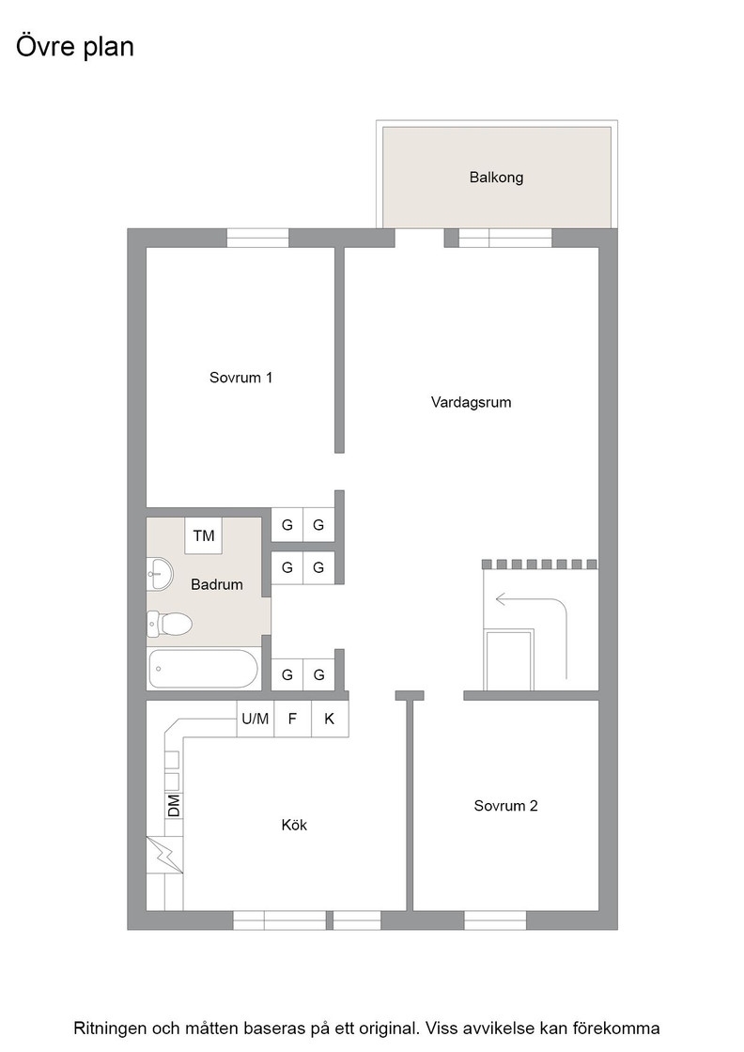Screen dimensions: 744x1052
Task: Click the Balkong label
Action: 496,178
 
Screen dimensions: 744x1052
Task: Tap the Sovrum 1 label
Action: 240,377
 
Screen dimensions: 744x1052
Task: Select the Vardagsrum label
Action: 471,403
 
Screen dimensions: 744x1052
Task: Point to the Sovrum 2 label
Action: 505,806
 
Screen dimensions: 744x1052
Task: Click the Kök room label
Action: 294,825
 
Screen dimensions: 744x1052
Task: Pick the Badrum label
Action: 217,584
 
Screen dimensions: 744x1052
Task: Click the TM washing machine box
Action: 203,535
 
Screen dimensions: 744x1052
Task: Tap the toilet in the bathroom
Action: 169,624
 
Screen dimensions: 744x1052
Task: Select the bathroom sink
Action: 160,574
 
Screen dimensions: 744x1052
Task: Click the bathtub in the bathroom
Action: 203,668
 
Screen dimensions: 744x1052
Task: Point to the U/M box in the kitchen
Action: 255,719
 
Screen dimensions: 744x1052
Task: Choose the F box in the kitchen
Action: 292,719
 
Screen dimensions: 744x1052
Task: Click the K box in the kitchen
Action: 330,719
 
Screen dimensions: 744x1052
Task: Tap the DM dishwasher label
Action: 174,806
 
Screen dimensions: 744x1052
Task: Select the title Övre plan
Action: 75,47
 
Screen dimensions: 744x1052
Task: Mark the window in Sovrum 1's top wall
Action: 257,239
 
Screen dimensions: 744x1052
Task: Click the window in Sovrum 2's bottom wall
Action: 495,920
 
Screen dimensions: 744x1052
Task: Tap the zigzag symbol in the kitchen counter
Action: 165,855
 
